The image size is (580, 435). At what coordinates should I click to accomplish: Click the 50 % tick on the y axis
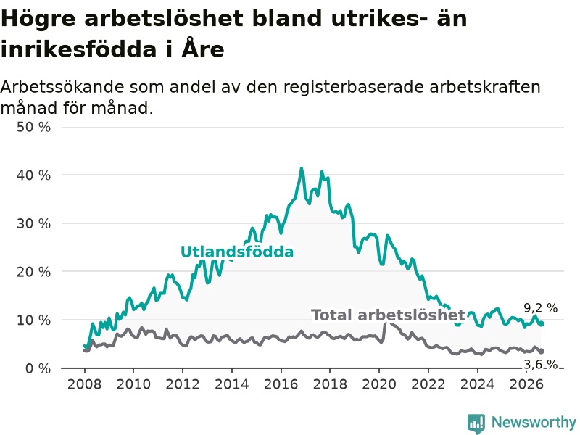tap(33, 128)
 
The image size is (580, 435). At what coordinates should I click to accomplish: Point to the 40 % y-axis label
tap(33, 175)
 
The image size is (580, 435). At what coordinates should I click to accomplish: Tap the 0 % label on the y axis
tap(38, 368)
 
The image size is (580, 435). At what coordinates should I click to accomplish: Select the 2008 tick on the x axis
tap(84, 384)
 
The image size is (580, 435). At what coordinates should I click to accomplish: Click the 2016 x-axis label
tap(281, 384)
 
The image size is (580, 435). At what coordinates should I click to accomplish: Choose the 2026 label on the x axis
tap(526, 384)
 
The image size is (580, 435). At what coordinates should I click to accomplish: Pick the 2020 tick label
tap(379, 384)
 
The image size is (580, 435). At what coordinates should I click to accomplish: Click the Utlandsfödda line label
tap(237, 252)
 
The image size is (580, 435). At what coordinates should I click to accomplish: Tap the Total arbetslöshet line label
tap(388, 315)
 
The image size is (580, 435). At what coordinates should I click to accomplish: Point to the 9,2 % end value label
tap(540, 307)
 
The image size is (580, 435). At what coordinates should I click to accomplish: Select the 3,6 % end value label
tap(540, 365)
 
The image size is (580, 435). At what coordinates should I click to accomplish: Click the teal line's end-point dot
tap(542, 323)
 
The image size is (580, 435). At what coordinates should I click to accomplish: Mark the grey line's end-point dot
tap(542, 351)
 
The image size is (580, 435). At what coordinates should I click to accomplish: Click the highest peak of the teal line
tap(302, 168)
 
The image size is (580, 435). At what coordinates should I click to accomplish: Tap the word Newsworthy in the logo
tap(534, 422)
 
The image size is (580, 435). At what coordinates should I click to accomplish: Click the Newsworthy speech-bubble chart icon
tap(476, 423)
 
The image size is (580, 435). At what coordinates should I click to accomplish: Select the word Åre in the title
tap(203, 49)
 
